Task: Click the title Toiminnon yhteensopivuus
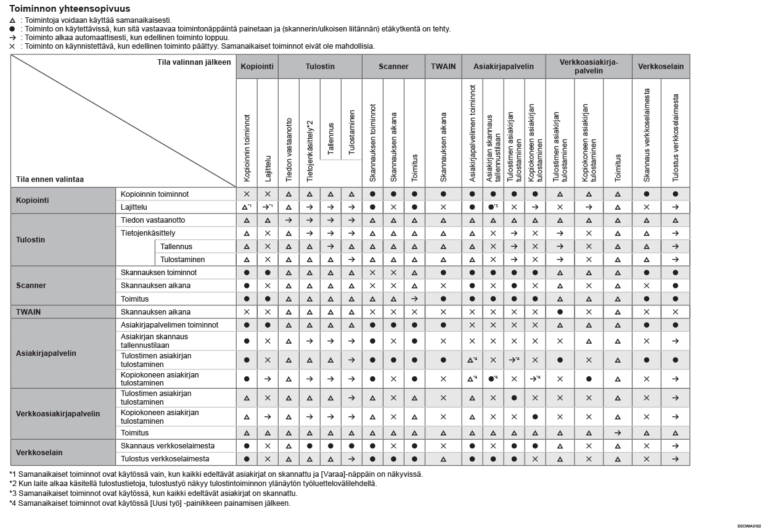click(x=70, y=9)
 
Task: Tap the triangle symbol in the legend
click(x=12, y=20)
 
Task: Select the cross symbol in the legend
click(x=12, y=46)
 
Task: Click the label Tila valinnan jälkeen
click(x=194, y=62)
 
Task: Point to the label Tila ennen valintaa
click(x=50, y=179)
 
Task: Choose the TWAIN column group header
click(x=443, y=67)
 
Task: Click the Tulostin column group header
click(x=320, y=67)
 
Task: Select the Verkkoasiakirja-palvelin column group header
click(x=588, y=67)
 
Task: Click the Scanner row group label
click(x=31, y=286)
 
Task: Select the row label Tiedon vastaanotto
click(x=153, y=220)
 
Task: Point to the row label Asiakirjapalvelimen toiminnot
click(x=170, y=325)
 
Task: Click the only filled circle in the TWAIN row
click(x=560, y=312)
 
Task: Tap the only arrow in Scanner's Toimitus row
click(x=414, y=299)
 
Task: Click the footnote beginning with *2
click(x=193, y=484)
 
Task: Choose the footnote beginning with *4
click(x=150, y=503)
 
